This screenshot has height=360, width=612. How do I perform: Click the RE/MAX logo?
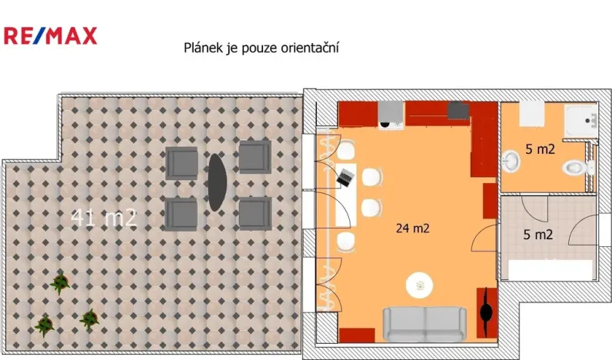[x=51, y=35]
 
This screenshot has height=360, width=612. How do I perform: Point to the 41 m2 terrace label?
[x=104, y=218]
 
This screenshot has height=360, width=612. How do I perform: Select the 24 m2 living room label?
[x=412, y=228]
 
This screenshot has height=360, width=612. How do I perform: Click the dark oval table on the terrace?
[x=216, y=182]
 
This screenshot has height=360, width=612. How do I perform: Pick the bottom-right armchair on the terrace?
[x=254, y=213]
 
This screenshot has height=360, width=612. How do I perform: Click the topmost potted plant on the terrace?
[x=59, y=283]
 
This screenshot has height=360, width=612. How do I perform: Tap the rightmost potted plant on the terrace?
[x=89, y=317]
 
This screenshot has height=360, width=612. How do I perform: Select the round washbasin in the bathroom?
[x=512, y=162]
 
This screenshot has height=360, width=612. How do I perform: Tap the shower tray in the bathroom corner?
[x=582, y=121]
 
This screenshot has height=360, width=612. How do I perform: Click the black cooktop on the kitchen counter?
[x=459, y=111]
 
